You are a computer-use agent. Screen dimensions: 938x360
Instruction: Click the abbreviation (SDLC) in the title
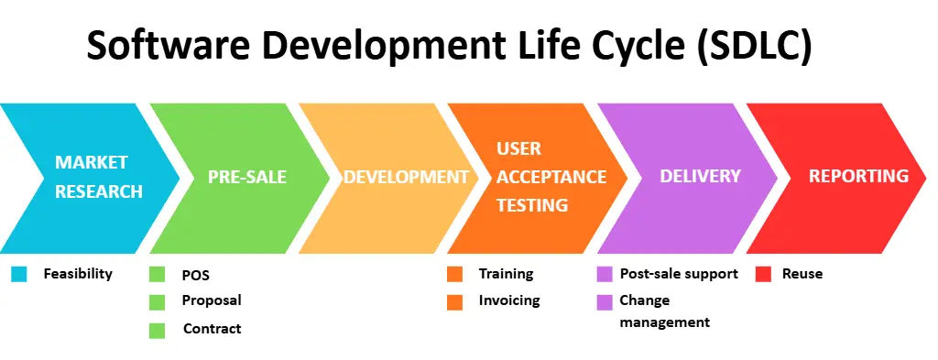point(754,46)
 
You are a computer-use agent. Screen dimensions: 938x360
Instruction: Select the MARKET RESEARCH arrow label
point(99,177)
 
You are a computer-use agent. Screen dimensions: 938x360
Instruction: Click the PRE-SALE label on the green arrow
point(247,177)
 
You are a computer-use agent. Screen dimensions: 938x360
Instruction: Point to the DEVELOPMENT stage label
point(406,177)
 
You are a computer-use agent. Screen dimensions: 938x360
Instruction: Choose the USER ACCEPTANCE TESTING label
point(551,177)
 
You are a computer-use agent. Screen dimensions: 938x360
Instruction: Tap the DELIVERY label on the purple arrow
point(700,176)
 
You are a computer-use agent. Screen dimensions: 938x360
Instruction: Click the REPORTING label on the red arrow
point(858,176)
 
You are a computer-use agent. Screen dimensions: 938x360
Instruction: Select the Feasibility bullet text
point(78,274)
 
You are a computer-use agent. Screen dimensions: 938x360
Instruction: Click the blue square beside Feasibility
point(19,274)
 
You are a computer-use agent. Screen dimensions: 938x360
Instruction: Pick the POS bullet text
point(196,276)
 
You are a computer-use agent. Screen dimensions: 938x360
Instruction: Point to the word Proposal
point(212,300)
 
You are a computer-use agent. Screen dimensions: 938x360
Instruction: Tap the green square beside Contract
point(157,331)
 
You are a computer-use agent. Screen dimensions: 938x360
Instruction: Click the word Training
point(506,274)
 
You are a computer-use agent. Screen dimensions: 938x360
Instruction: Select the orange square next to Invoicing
point(454,302)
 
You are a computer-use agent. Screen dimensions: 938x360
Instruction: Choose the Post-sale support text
point(679,274)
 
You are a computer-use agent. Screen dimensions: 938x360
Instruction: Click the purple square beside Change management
point(605,302)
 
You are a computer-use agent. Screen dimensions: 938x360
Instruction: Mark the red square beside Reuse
point(762,274)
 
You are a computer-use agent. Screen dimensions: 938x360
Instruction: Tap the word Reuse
point(802,274)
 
